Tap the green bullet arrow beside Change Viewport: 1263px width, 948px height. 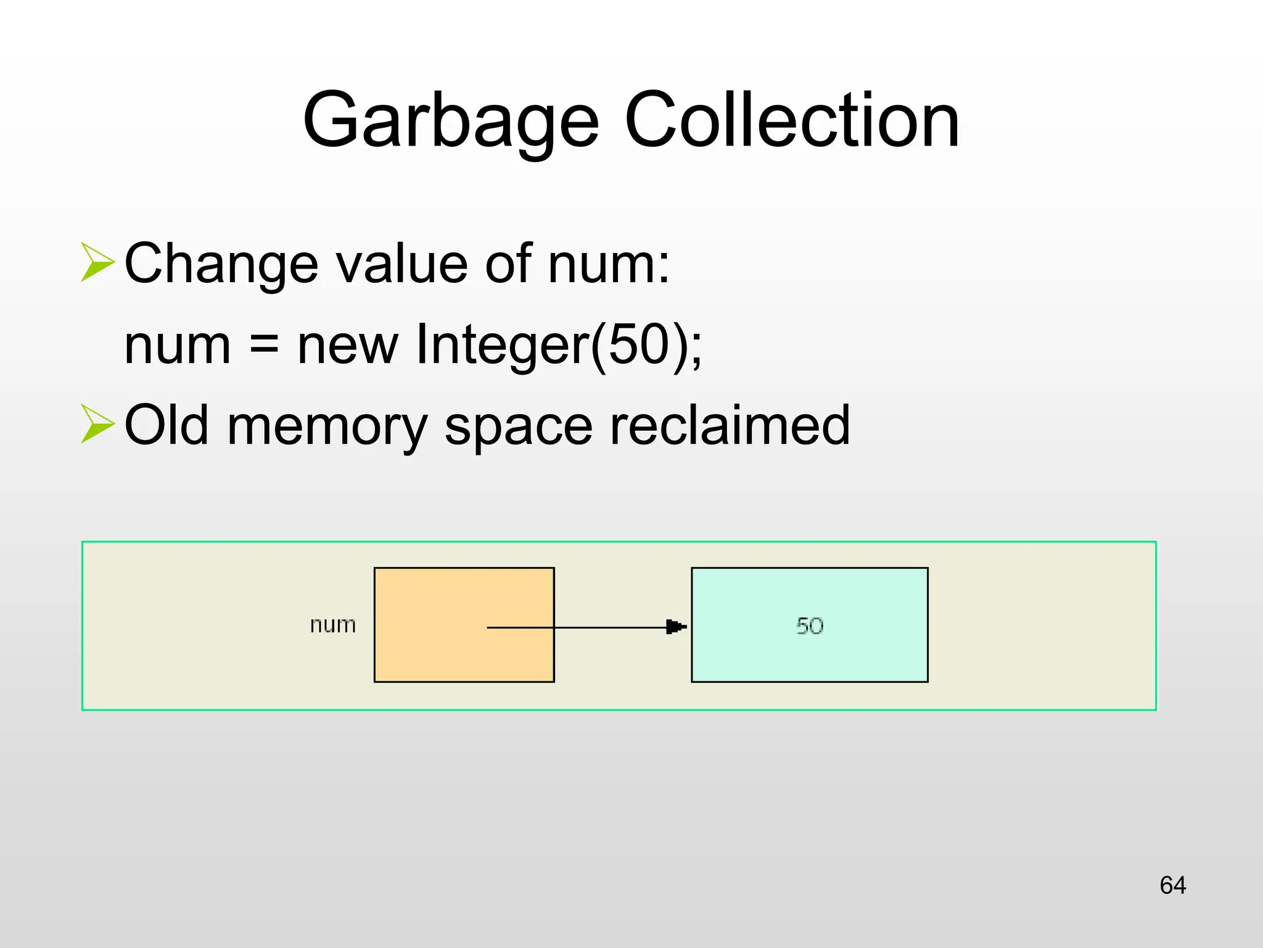(x=97, y=262)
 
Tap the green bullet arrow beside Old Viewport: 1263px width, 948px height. (x=97, y=424)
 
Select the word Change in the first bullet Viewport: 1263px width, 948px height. (x=221, y=264)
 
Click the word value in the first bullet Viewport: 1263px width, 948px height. (x=403, y=264)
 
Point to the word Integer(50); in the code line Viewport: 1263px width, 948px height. (x=559, y=344)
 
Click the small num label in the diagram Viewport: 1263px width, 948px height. (x=333, y=625)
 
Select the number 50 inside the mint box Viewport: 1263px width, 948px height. (x=810, y=626)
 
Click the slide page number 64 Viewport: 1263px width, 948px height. (x=1172, y=885)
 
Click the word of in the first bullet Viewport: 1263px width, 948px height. (x=508, y=264)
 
